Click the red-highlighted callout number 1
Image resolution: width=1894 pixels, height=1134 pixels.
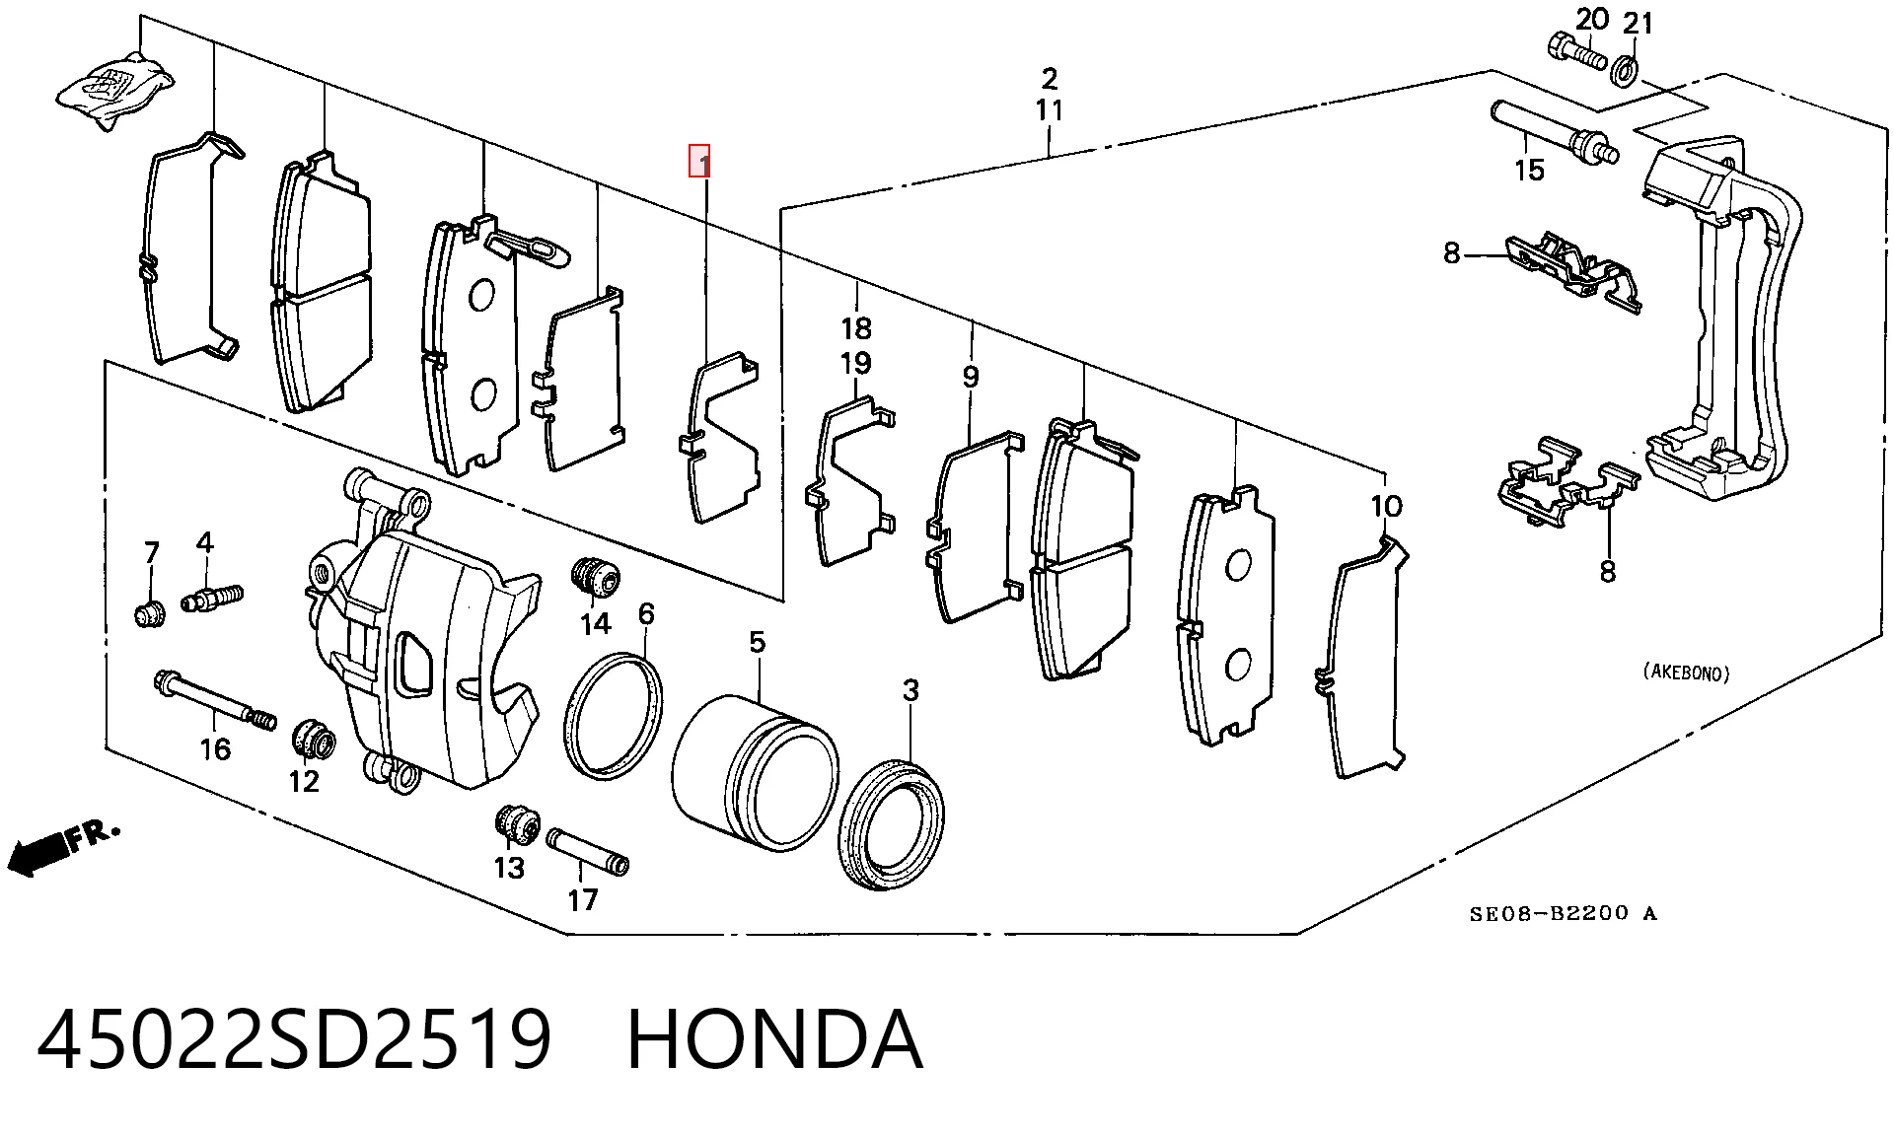pos(699,161)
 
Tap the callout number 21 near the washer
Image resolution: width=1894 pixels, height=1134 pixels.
pos(1638,23)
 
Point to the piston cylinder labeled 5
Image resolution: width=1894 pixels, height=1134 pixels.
pos(755,772)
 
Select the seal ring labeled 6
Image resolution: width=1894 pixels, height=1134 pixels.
pos(613,715)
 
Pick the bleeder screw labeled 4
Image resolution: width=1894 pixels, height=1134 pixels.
pos(211,598)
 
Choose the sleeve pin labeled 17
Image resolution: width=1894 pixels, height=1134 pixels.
pos(588,850)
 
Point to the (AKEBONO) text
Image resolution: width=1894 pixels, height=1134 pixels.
pos(1686,673)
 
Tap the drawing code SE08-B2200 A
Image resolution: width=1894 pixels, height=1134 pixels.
pos(1564,913)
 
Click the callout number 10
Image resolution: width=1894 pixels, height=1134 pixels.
pos(1386,507)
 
